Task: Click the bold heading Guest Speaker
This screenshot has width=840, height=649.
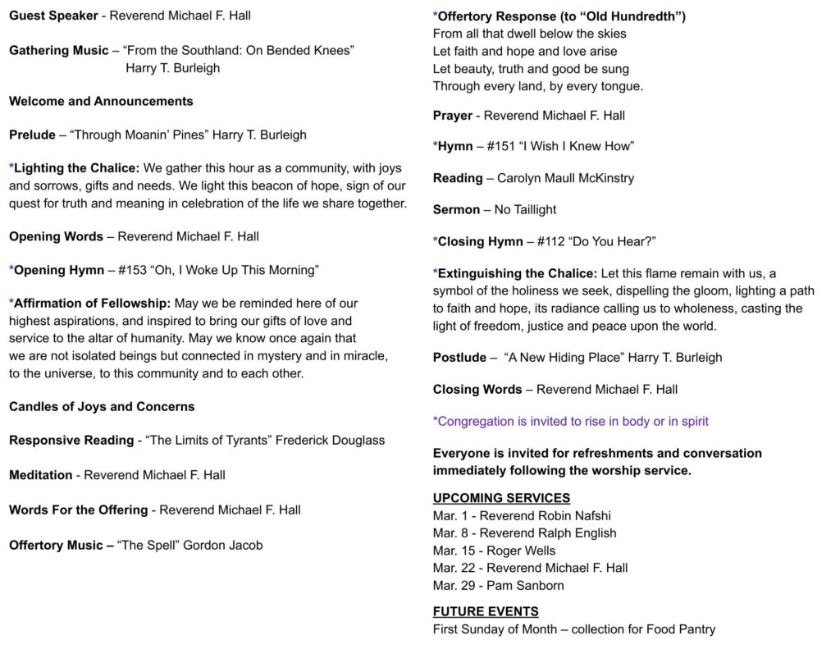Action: point(52,16)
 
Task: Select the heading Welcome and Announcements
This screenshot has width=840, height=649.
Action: point(101,102)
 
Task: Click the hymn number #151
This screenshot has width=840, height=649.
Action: point(501,147)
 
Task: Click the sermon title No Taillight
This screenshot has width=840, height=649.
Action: point(526,210)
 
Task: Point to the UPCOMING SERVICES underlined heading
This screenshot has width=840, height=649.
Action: point(501,498)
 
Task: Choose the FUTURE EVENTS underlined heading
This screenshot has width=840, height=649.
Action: point(486,611)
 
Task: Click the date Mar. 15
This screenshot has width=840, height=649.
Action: point(452,551)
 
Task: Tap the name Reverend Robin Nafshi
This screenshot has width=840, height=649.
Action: point(545,516)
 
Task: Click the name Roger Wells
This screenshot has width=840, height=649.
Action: point(521,551)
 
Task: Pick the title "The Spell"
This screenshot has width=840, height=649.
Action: point(148,545)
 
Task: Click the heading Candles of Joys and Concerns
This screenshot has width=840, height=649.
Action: point(102,407)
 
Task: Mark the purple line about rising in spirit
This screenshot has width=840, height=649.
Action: point(571,422)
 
